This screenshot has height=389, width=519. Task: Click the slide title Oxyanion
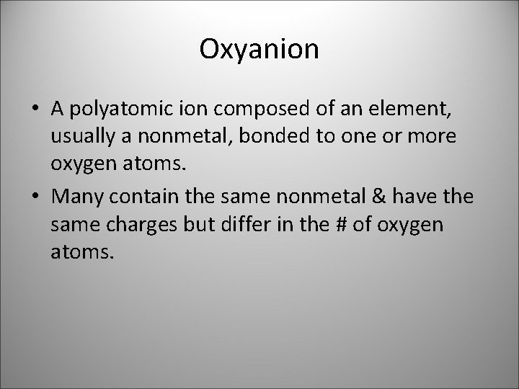tap(259, 49)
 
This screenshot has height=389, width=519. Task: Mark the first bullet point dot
tap(35, 109)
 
